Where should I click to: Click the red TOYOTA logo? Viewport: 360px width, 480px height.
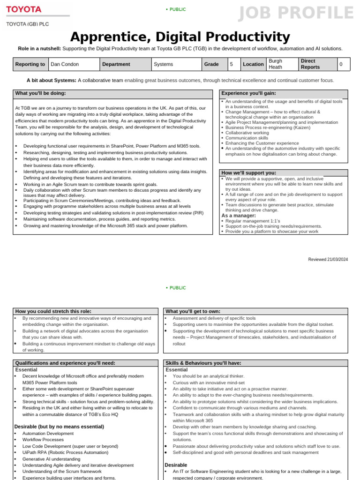click(23, 9)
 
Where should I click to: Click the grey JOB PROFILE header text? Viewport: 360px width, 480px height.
click(296, 13)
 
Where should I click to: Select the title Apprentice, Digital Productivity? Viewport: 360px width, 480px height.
click(180, 37)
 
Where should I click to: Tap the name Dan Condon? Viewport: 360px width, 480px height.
click(65, 64)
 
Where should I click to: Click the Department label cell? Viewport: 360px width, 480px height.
click(116, 64)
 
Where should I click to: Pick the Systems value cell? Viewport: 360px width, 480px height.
click(163, 64)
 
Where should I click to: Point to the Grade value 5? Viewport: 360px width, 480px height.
click(231, 64)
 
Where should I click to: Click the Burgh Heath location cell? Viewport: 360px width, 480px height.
click(275, 64)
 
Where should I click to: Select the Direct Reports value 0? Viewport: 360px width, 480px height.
click(341, 64)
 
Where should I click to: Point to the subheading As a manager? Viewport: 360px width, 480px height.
click(239, 215)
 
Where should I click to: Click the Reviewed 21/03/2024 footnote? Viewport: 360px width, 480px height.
click(328, 259)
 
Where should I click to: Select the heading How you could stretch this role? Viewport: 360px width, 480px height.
click(53, 311)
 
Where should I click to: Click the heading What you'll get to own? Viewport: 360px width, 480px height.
click(193, 311)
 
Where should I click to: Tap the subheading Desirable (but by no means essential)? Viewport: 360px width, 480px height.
click(59, 427)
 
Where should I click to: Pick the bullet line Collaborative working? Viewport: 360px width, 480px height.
click(247, 133)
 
